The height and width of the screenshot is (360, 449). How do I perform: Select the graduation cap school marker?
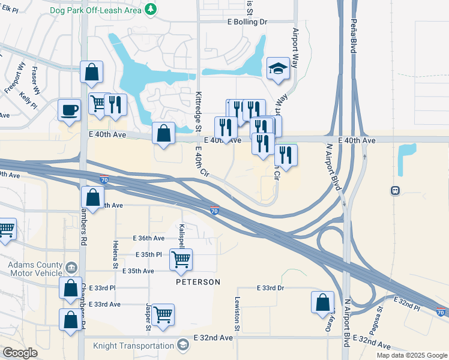tap(279, 69)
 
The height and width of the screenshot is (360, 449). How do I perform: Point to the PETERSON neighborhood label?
tap(198, 281)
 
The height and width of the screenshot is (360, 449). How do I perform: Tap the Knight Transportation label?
tap(133, 346)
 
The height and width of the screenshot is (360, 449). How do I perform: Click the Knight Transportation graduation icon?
tap(183, 345)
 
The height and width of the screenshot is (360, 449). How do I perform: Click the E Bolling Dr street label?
tap(247, 22)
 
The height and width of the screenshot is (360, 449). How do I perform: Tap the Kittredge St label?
tap(197, 112)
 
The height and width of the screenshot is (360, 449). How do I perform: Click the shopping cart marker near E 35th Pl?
tap(181, 259)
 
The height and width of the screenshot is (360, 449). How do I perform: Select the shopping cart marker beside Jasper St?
tap(163, 314)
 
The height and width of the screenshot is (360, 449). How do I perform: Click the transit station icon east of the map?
tap(396, 190)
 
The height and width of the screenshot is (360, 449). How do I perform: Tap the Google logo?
tap(20, 352)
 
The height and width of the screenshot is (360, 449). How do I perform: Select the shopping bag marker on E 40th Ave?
tap(163, 134)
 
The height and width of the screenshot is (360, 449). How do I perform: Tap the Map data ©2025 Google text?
tap(412, 355)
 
